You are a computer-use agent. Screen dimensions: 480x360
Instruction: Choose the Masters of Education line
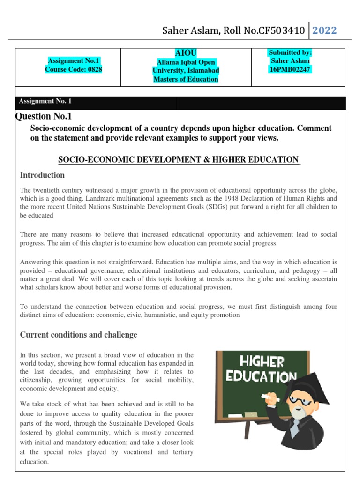click(x=186, y=79)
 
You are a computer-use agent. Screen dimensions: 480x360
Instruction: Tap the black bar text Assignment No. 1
click(x=45, y=101)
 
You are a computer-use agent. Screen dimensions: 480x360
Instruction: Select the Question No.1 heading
click(x=44, y=116)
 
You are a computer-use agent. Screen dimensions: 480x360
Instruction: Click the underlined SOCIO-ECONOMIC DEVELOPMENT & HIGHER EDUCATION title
click(x=179, y=160)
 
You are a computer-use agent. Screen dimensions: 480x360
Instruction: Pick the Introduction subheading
click(x=42, y=175)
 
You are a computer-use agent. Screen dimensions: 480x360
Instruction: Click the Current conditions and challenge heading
click(x=79, y=335)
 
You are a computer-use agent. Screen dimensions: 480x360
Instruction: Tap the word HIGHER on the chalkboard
click(x=262, y=362)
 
